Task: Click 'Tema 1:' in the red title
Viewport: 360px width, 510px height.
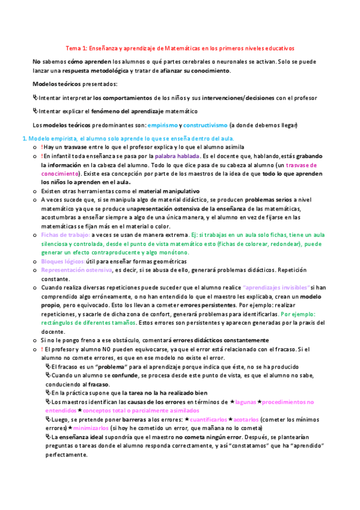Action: coord(76,48)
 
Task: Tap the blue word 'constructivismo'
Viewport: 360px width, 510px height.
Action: coord(205,125)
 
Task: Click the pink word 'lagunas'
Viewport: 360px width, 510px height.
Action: coord(246,401)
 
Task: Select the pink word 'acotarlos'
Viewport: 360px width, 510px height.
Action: coord(246,419)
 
